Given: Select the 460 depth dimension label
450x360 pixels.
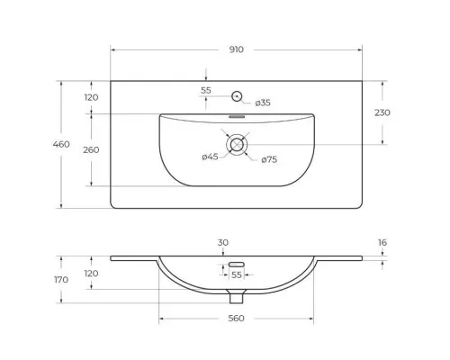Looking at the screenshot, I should [62, 144].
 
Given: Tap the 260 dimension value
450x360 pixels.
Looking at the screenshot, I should [91, 150].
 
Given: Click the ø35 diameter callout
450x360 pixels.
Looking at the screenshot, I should [263, 103].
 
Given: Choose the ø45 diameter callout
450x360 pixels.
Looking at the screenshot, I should [211, 158].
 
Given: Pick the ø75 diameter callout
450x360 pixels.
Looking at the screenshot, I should [268, 160].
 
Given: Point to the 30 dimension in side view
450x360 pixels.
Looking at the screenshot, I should [223, 242].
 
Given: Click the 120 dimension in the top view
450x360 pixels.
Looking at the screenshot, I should [91, 97].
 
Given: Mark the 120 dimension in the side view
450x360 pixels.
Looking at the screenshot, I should [91, 274].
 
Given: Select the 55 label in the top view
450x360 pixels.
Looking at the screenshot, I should [206, 91].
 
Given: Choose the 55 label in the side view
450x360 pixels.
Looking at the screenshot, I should [238, 274].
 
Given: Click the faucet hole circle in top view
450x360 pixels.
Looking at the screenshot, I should [238, 95].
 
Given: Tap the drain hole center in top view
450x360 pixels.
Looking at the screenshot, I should [238, 144].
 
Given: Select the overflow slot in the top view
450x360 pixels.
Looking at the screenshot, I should [238, 116].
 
